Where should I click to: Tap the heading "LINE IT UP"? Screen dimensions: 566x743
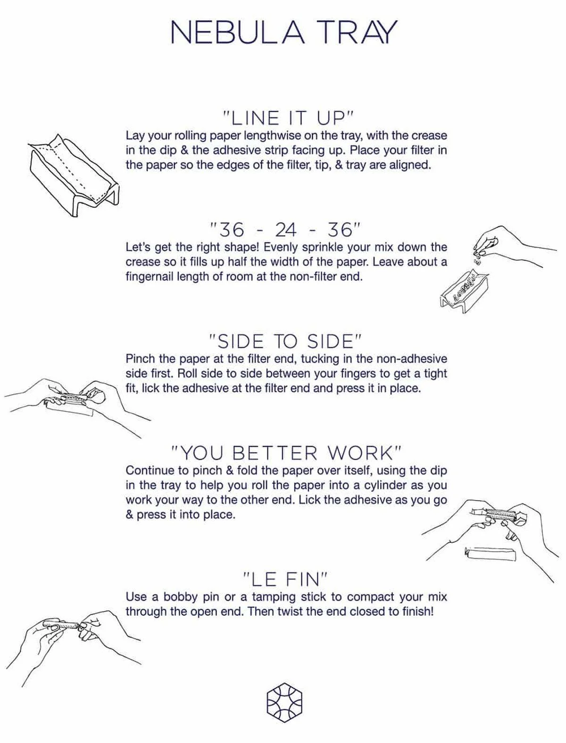pyautogui.click(x=288, y=118)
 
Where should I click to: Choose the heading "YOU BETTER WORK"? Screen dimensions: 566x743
pyautogui.click(x=286, y=453)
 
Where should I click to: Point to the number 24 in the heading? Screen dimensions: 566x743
pyautogui.click(x=285, y=230)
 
